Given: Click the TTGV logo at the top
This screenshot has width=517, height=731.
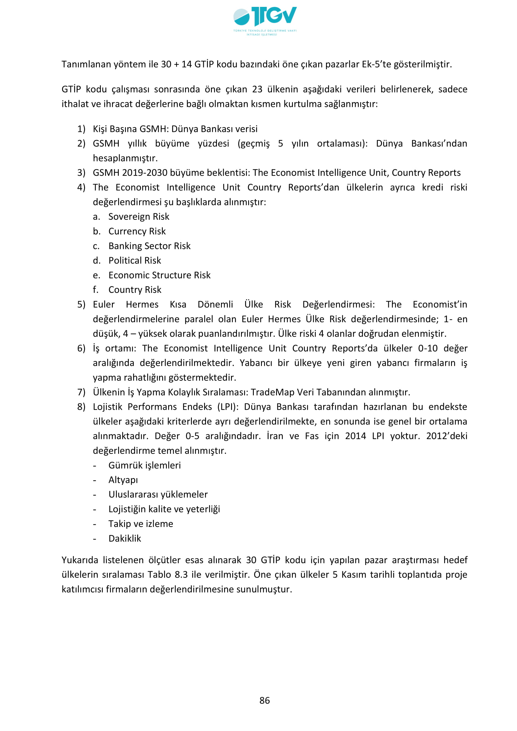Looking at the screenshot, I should [x=265, y=21].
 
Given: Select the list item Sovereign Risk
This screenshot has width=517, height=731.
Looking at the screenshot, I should [x=139, y=217].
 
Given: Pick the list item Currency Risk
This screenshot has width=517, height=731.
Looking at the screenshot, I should [x=137, y=231].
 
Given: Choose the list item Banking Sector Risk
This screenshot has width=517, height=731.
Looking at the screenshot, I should [x=149, y=246].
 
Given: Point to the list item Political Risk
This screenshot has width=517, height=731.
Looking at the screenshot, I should [x=135, y=260].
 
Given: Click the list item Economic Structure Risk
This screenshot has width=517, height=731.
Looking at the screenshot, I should [x=159, y=275].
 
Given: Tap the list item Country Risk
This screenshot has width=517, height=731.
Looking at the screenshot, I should [x=135, y=290].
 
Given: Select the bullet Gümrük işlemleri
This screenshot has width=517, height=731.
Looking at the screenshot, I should [x=144, y=465].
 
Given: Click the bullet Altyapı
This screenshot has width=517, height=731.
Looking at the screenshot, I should [x=123, y=480].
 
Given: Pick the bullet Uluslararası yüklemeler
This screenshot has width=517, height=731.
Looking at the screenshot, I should [x=158, y=494].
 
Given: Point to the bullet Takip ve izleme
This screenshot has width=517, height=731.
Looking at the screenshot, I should [x=141, y=524].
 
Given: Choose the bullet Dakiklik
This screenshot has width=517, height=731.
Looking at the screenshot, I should [x=125, y=538].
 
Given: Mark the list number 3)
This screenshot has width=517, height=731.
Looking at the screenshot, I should [x=81, y=173].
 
